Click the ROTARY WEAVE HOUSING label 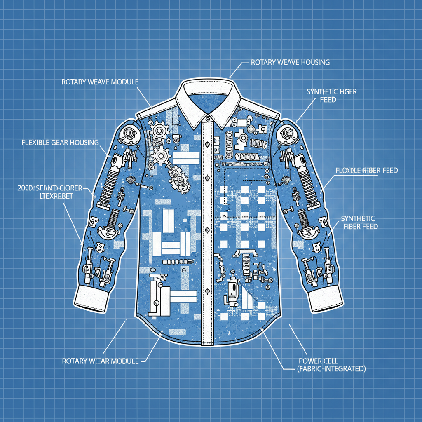pyautogui.click(x=290, y=63)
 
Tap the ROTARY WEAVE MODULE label pyautogui.click(x=100, y=82)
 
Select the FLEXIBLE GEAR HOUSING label pyautogui.click(x=60, y=143)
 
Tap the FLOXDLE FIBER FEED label pyautogui.click(x=366, y=170)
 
